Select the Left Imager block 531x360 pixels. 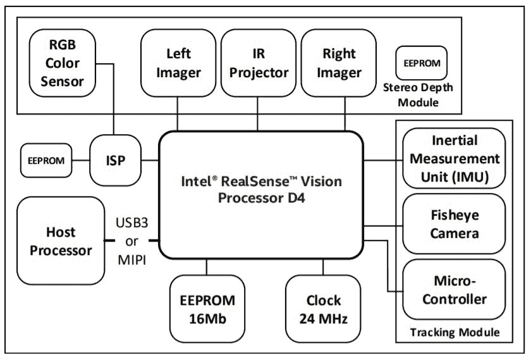point(178,63)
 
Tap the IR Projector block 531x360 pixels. point(259,63)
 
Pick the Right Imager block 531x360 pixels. point(339,63)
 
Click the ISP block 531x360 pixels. point(115,160)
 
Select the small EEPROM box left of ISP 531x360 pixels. point(46,161)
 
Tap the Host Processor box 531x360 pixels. point(61,240)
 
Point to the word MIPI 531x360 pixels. point(131,259)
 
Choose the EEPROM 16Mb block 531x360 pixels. point(207,308)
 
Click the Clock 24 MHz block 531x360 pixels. point(324,308)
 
